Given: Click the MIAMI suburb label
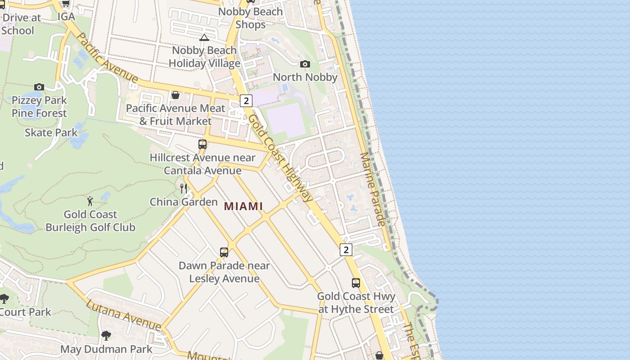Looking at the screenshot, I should pos(243,206).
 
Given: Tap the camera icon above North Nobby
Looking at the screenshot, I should pos(305,64).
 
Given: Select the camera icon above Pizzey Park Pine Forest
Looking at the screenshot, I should pos(39,87).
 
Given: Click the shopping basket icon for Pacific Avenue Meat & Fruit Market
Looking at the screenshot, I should pos(175,95).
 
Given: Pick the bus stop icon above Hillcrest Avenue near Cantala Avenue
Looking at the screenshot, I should pos(202,144).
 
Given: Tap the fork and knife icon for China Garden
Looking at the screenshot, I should pos(184,188).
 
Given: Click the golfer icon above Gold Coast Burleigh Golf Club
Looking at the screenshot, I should pos(90,201).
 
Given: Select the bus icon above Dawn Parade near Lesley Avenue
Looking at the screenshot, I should pos(224,252).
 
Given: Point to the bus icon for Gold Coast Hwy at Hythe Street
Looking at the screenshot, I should pos(356,283).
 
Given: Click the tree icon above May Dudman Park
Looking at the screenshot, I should pos(106,335).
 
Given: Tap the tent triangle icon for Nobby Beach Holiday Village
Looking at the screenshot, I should pos(204,37).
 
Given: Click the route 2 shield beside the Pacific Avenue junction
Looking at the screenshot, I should pos(246,101).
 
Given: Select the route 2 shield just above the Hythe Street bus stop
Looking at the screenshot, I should pos(346,249).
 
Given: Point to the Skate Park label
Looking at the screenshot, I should pos(51,133).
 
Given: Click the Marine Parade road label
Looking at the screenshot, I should pos(372,189).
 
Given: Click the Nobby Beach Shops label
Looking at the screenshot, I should pos(251,18).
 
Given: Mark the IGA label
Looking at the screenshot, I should pos(66,17).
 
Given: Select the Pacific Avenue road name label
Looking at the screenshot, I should pos(107,57).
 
